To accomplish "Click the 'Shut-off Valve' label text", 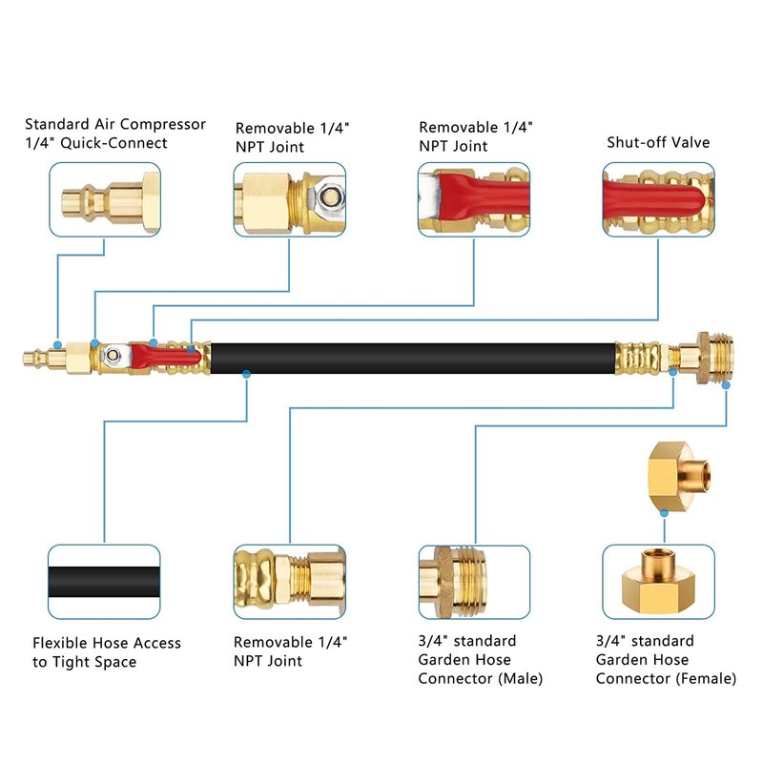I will [x=658, y=143].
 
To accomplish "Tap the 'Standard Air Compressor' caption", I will [x=115, y=124].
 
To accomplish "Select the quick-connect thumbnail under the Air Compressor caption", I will [x=105, y=199].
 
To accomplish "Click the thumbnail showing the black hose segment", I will [x=105, y=582].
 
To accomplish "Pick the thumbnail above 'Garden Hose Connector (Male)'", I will [x=474, y=582].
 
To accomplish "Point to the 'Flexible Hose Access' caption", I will [x=107, y=643].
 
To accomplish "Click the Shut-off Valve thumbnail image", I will [x=659, y=199].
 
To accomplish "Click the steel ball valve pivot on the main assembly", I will [x=113, y=356].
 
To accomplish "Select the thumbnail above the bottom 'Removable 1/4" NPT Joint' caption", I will [x=290, y=582].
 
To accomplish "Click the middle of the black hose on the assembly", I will [x=410, y=358].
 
